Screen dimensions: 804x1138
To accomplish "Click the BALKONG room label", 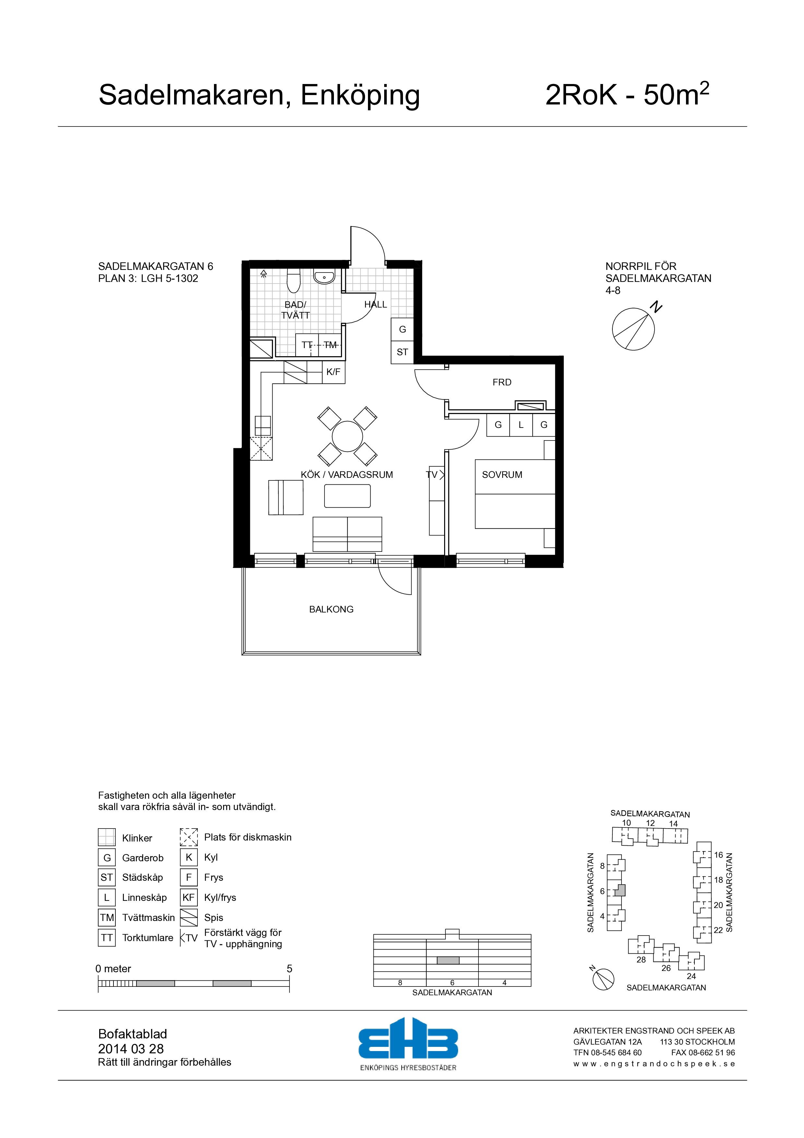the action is tap(331, 609).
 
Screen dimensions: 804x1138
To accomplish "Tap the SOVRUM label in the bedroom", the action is tap(502, 474).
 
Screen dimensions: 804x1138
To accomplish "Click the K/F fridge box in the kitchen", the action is tap(333, 372).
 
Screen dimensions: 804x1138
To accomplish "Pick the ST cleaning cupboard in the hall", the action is tap(402, 352).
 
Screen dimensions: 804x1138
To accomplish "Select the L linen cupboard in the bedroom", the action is tap(521, 425).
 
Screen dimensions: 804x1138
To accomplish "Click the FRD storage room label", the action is tap(502, 382).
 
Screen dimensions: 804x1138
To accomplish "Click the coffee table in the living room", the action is tap(347, 496).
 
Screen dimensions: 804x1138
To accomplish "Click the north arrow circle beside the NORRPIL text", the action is tap(633, 329).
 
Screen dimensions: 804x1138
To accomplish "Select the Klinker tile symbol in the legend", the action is tap(107, 837).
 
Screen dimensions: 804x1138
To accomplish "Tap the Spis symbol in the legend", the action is tap(189, 917).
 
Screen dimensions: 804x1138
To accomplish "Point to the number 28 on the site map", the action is tap(641, 960).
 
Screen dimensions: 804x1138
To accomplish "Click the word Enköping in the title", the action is tap(360, 95).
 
